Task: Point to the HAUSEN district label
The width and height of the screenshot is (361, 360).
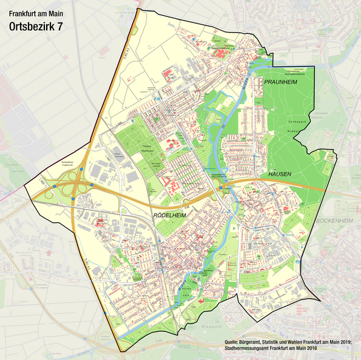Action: pyautogui.click(x=280, y=175)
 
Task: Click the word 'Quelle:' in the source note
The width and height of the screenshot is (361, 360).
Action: pyautogui.click(x=234, y=343)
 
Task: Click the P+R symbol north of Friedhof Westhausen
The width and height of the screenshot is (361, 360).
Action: pyautogui.click(x=157, y=98)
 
